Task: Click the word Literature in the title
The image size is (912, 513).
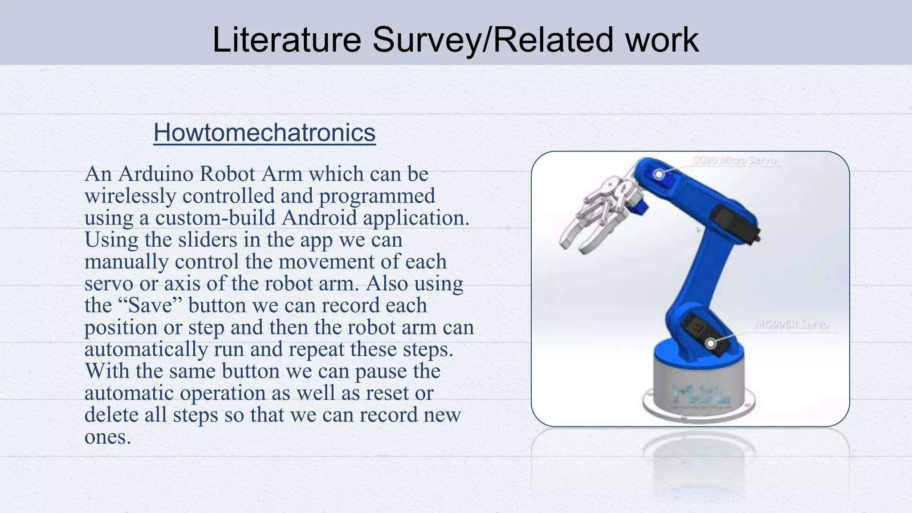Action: (286, 40)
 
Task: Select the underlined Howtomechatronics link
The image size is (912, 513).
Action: (265, 133)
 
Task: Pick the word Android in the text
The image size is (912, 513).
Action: (319, 218)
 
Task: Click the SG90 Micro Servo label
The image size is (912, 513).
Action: (734, 160)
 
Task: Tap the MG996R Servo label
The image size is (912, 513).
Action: (792, 324)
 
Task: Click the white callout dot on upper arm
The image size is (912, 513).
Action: (659, 174)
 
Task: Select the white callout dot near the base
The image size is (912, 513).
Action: (711, 343)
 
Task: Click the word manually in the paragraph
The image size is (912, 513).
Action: (126, 261)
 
